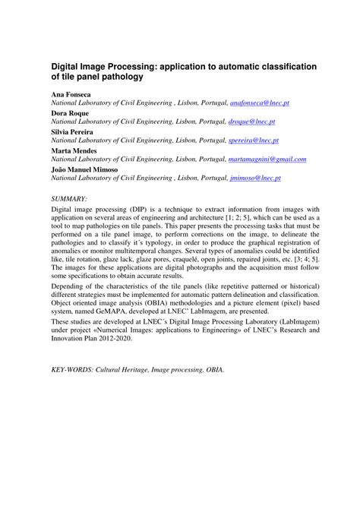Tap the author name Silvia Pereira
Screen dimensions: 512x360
73,131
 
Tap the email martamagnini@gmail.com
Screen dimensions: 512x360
267,160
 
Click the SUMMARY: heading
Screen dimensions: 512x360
72,198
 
